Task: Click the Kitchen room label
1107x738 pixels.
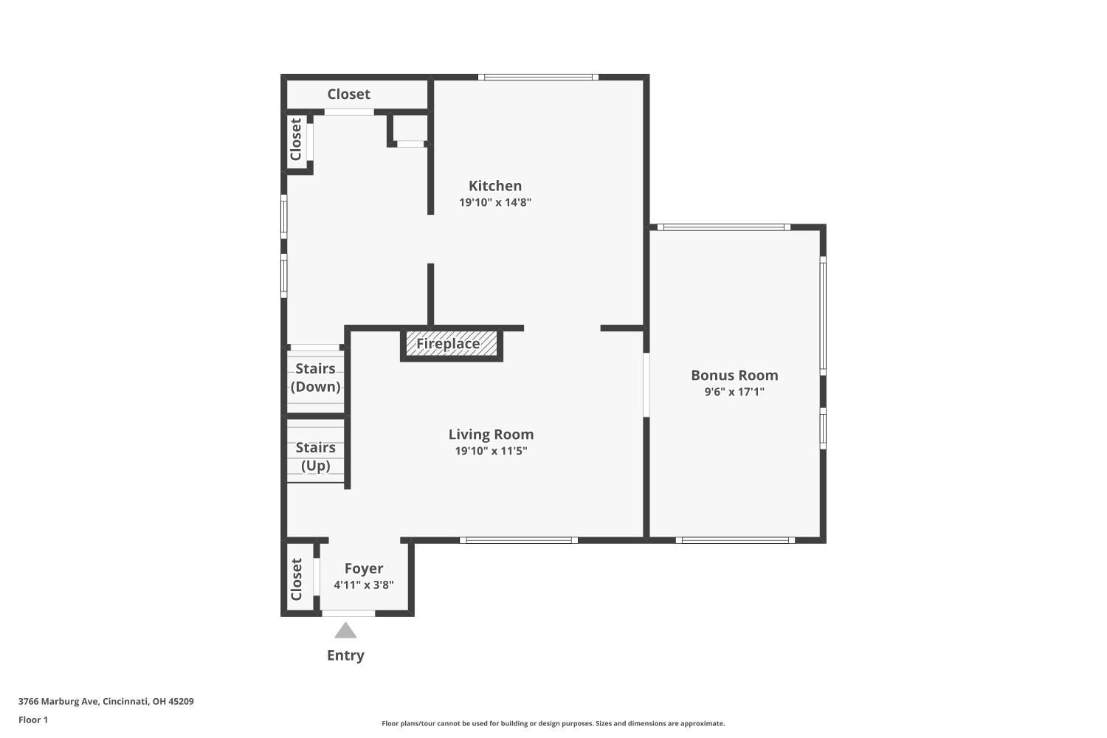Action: (494, 186)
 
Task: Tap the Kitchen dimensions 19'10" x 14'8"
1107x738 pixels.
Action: (494, 202)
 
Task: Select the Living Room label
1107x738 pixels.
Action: (491, 435)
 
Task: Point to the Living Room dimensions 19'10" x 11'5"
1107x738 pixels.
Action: (491, 451)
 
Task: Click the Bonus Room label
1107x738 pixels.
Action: (734, 375)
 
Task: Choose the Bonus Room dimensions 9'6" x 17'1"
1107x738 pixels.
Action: (734, 392)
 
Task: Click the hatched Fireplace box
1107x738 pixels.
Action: (451, 344)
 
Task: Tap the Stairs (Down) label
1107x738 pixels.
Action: (315, 378)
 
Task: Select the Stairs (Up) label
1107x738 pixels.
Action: (315, 457)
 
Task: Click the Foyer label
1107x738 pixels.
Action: (364, 569)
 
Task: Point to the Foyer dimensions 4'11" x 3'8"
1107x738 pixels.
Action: (364, 585)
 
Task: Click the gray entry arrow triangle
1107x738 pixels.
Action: (345, 630)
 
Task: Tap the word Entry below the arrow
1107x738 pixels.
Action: (345, 655)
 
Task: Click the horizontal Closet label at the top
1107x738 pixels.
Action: (348, 94)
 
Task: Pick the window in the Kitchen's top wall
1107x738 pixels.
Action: (538, 77)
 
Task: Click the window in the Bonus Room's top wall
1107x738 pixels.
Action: (724, 227)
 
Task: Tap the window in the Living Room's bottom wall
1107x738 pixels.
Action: (519, 540)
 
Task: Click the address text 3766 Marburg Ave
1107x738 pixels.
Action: (59, 701)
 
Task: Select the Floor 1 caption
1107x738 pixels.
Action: (33, 720)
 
